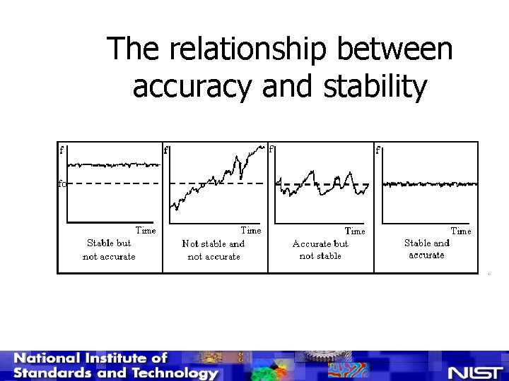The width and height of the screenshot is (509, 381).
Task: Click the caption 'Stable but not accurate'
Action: tap(109, 249)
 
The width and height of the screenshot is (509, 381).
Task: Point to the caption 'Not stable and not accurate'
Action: tap(213, 250)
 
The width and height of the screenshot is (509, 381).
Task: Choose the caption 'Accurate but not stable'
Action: tap(320, 249)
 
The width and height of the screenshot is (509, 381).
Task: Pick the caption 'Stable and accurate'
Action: tap(426, 248)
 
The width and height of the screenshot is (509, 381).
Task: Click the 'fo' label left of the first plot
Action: tap(62, 183)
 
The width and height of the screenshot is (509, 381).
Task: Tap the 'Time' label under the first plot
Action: tap(146, 230)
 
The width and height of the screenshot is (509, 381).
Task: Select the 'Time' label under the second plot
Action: tap(251, 230)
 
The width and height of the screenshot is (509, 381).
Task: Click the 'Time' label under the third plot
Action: tap(355, 231)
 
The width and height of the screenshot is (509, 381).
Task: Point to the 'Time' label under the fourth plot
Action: tap(461, 231)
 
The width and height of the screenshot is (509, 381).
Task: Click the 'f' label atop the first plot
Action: tap(62, 150)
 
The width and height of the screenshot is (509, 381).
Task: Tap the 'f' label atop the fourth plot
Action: tap(378, 150)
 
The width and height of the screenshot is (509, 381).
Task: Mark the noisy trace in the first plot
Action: tap(113, 164)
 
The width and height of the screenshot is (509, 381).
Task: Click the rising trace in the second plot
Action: tap(212, 180)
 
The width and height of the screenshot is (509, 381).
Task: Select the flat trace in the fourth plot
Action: tap(430, 183)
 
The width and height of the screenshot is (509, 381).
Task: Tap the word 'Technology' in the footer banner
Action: tap(177, 373)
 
